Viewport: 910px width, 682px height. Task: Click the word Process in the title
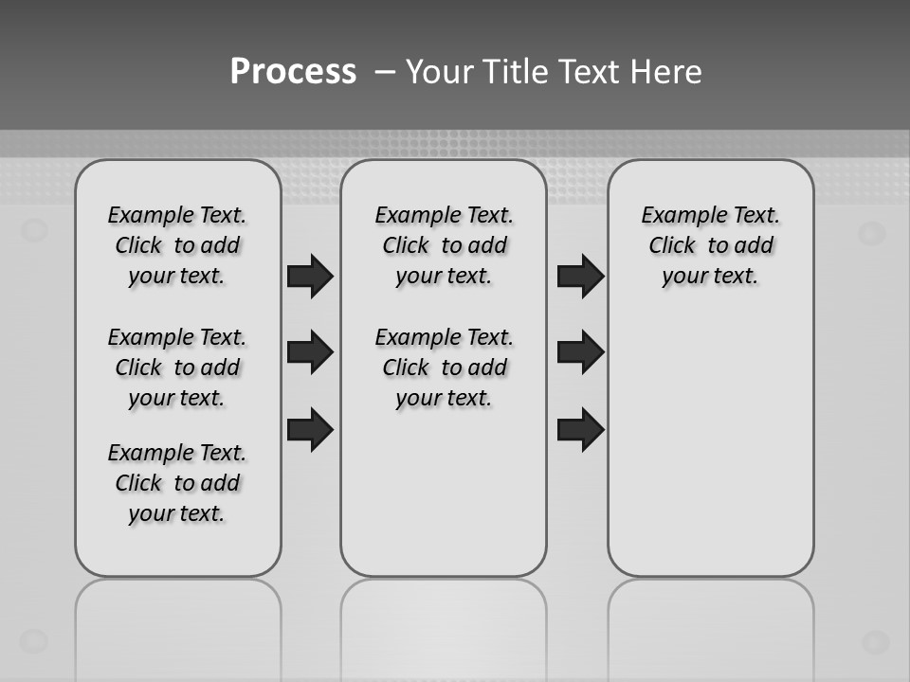293,72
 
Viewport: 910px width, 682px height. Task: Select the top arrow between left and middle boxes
310,276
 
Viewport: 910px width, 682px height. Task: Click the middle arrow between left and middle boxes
310,352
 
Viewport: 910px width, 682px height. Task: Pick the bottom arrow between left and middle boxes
310,429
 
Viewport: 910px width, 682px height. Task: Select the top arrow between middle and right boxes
580,276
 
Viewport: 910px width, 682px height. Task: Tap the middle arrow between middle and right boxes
580,352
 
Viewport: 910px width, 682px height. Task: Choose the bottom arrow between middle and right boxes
580,429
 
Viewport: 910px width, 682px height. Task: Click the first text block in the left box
177,245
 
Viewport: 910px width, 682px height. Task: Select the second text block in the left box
177,368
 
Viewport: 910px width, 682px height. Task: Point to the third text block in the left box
177,483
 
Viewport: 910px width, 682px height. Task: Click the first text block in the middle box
444,245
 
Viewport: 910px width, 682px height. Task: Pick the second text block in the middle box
444,368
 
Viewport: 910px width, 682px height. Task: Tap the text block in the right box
710,245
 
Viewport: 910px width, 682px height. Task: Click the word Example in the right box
681,216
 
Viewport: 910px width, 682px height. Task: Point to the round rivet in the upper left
34,229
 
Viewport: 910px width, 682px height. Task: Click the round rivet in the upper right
872,233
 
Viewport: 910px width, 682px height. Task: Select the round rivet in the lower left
34,640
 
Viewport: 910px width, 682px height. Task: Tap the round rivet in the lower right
874,642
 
